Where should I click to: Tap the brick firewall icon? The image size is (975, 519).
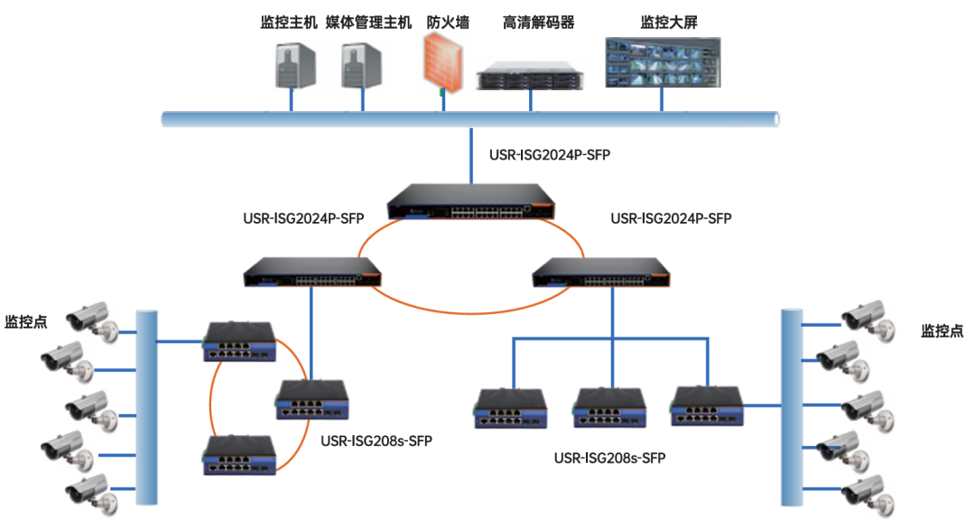443,64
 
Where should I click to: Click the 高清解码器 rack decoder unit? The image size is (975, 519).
531,74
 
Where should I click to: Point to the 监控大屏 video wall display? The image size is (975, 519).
663,62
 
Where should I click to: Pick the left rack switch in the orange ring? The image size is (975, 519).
312,269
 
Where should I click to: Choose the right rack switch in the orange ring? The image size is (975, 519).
599,269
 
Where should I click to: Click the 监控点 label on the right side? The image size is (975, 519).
942,330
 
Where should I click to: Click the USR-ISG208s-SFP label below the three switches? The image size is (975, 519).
609,458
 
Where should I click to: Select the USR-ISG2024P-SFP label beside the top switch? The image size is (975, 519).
549,155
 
